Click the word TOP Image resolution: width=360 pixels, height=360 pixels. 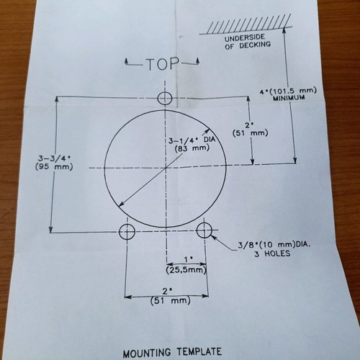(x=163, y=64)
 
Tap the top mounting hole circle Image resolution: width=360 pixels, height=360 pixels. (x=165, y=98)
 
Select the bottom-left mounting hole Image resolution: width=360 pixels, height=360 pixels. (x=127, y=231)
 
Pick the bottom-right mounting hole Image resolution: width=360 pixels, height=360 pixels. (x=204, y=230)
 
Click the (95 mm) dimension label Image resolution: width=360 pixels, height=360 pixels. (x=54, y=166)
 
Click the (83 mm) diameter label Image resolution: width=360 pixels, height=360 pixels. (x=192, y=148)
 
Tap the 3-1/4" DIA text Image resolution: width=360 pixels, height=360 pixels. (x=192, y=140)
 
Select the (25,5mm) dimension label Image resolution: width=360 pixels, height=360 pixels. (x=186, y=270)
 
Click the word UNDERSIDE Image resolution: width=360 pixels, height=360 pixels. (x=245, y=38)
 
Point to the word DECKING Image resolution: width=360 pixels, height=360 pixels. (x=255, y=45)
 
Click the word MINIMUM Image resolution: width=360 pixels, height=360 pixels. (x=289, y=98)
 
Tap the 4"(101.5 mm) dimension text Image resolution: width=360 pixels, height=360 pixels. (x=288, y=91)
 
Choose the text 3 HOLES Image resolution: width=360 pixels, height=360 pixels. (x=272, y=253)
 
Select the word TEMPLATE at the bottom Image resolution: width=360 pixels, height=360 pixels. (x=199, y=352)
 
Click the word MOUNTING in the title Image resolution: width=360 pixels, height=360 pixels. (x=147, y=354)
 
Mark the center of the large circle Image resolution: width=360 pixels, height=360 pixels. (x=166, y=168)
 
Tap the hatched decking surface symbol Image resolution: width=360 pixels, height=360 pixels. (x=246, y=24)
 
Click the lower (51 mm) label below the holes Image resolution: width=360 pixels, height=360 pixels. (x=171, y=300)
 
